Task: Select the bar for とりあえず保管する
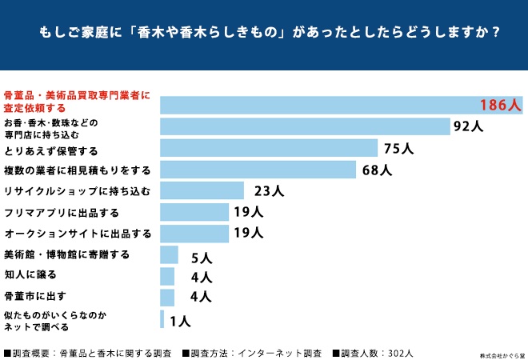pyautogui.click(x=269, y=148)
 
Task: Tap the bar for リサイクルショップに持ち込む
pyautogui.click(x=202, y=190)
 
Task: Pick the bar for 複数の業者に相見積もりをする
pyautogui.click(x=258, y=170)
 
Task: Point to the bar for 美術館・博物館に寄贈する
pyautogui.click(x=169, y=255)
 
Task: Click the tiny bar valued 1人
pyautogui.click(x=162, y=320)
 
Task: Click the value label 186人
pyautogui.click(x=500, y=105)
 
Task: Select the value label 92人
pyautogui.click(x=467, y=126)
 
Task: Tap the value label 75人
pyautogui.click(x=397, y=148)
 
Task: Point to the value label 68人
pyautogui.click(x=376, y=170)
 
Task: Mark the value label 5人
pyautogui.click(x=201, y=257)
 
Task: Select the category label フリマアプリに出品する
pyautogui.click(x=62, y=212)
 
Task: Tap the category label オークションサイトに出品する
pyautogui.click(x=78, y=234)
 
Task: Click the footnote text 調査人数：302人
pyautogui.click(x=376, y=353)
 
